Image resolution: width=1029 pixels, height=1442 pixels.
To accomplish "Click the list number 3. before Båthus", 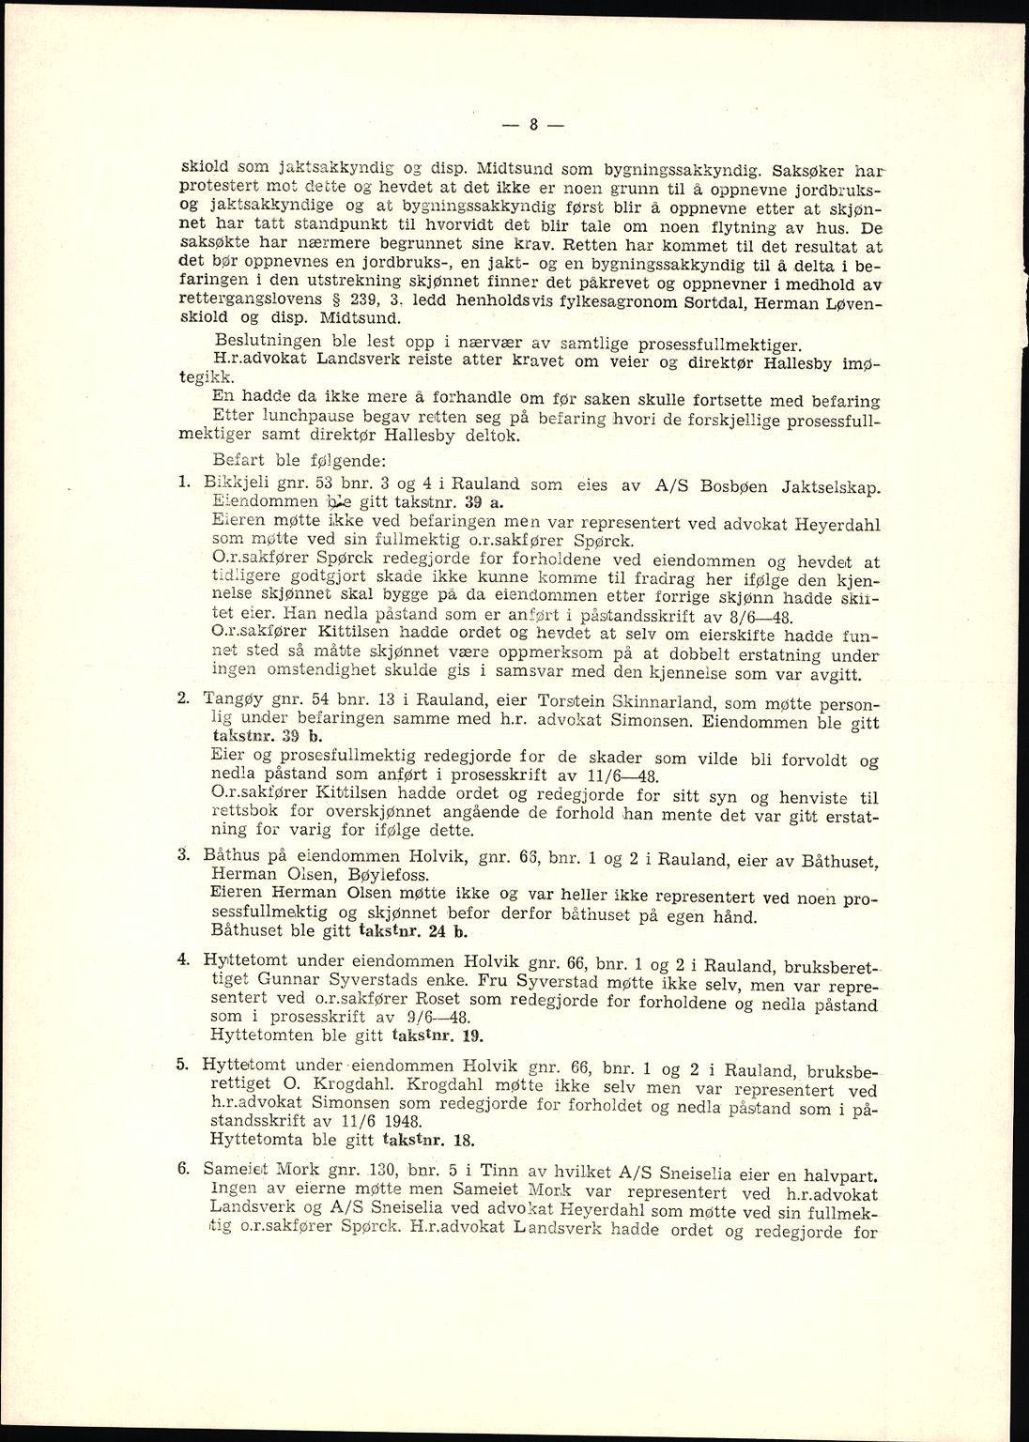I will (x=185, y=854).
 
